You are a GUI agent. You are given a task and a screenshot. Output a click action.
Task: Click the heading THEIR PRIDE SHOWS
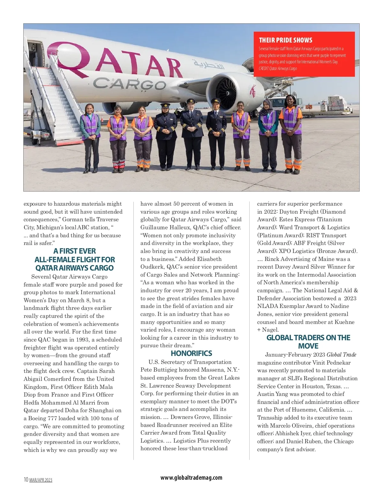[x=285, y=40]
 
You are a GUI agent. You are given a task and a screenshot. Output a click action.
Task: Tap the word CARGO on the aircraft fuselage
[x=130, y=84]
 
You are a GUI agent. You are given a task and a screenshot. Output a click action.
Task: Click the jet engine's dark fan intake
[x=226, y=93]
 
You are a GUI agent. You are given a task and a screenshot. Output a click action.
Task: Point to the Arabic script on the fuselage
[x=209, y=65]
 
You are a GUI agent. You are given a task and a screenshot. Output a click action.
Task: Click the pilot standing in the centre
[x=191, y=134]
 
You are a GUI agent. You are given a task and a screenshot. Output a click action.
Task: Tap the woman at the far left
[x=90, y=138]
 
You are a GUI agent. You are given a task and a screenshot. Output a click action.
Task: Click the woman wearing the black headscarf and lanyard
[x=268, y=134]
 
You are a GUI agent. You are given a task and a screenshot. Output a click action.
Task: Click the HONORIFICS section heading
[x=191, y=353]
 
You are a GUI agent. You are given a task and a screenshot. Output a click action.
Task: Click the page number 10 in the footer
[x=26, y=479]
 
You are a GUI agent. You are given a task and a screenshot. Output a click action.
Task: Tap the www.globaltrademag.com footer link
[x=191, y=477]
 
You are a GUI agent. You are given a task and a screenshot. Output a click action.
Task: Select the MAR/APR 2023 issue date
[x=41, y=480]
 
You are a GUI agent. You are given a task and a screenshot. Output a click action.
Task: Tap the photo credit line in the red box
[x=278, y=68]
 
